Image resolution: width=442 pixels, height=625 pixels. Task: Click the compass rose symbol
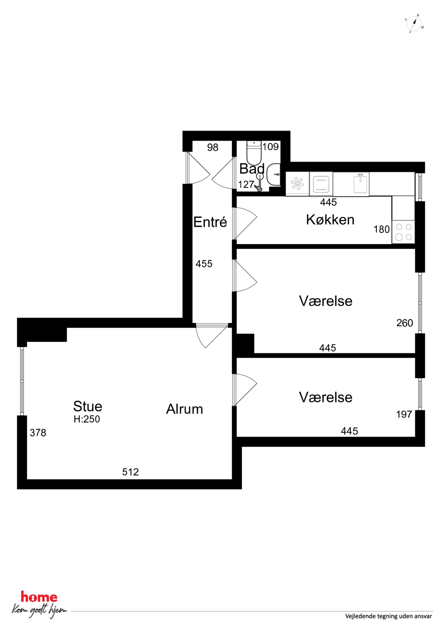click(414, 24)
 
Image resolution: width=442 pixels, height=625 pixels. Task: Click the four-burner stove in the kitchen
click(403, 232)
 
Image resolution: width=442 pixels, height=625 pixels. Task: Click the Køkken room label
click(330, 220)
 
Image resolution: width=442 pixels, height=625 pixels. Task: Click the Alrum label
click(185, 409)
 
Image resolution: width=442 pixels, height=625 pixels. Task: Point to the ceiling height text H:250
click(87, 419)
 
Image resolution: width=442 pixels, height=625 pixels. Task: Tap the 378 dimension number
click(38, 433)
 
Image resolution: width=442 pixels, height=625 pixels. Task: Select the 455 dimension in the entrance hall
click(204, 263)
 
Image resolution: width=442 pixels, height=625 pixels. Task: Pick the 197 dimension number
click(404, 414)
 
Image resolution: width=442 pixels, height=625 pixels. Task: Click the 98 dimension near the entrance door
click(213, 147)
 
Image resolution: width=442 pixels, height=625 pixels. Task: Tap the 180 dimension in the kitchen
click(382, 229)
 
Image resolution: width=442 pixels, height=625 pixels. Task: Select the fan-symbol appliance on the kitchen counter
click(297, 184)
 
